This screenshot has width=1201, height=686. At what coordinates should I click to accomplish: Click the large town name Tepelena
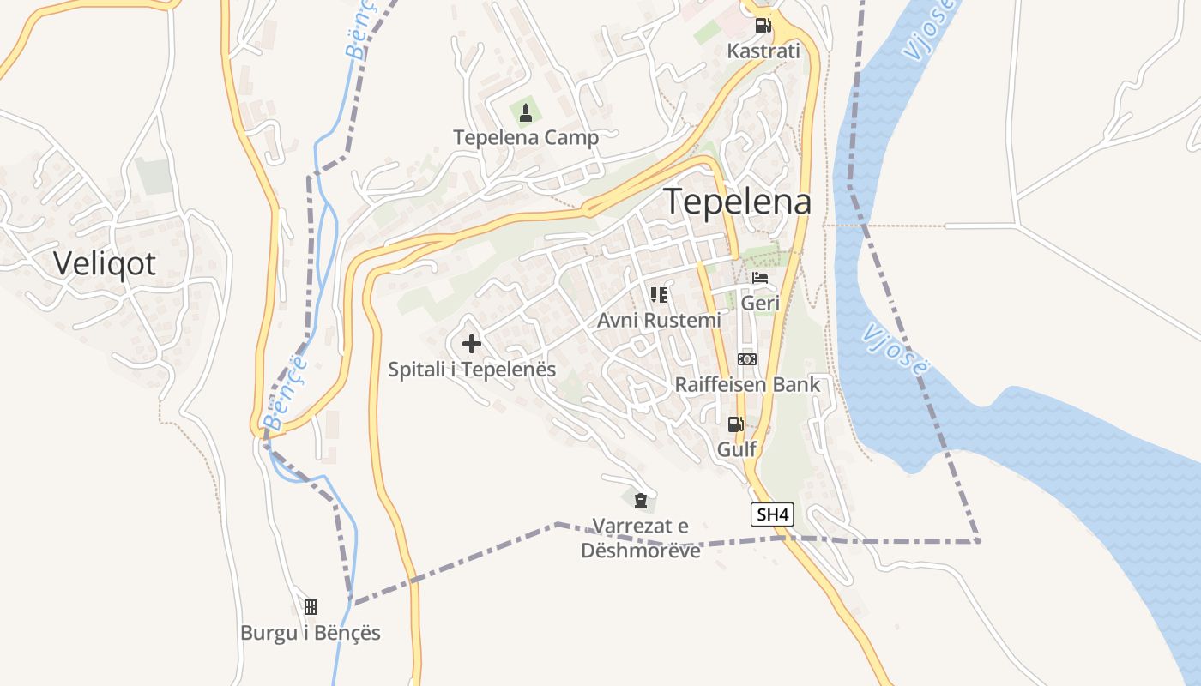(738, 202)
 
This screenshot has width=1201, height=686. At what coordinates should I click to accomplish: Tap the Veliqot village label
(105, 263)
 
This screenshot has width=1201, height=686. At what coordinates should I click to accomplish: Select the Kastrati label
(763, 51)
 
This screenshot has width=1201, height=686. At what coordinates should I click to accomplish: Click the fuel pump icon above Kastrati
(763, 26)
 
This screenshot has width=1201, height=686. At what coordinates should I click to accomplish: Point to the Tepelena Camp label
(526, 137)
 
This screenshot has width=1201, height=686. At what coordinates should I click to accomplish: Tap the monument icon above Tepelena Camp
(526, 112)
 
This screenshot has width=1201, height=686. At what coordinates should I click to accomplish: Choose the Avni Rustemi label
(659, 320)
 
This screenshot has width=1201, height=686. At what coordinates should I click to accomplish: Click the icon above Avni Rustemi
(659, 295)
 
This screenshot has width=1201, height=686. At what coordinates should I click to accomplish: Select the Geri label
(760, 303)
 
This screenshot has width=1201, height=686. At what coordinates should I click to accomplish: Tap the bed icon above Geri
(760, 278)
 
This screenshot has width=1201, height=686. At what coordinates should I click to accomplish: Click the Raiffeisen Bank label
(747, 384)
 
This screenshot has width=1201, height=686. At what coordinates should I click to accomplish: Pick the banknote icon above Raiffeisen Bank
(747, 359)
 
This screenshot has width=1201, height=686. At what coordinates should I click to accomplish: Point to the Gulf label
(736, 448)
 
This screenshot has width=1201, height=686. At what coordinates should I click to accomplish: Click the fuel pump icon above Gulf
(736, 424)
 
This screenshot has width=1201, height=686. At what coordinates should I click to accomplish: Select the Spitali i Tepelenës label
(472, 370)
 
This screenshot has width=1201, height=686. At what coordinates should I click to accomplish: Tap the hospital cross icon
(472, 345)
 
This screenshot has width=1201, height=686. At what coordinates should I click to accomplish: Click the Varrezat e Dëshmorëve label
(641, 538)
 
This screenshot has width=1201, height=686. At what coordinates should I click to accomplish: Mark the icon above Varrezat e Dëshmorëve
(640, 501)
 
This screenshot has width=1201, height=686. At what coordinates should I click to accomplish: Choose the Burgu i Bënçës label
(310, 634)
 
